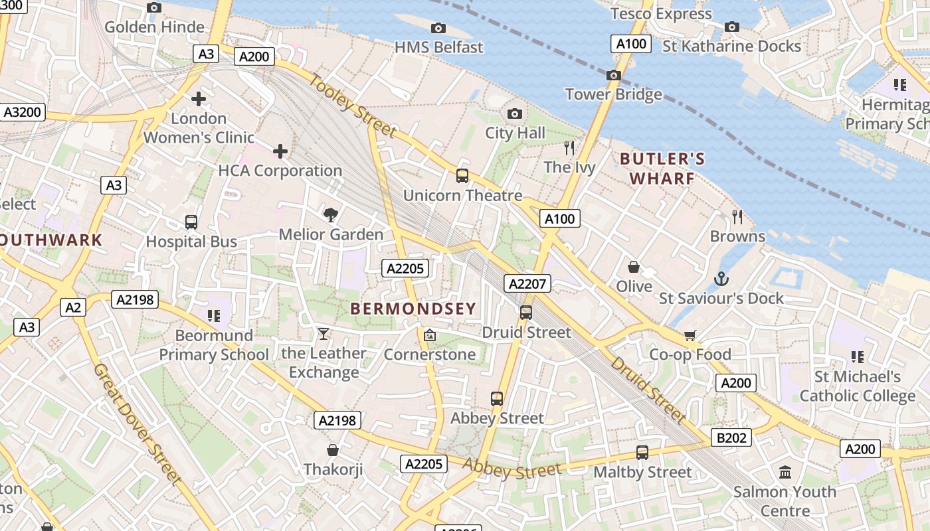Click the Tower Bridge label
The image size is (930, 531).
[613, 94]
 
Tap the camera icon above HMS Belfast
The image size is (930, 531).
[438, 28]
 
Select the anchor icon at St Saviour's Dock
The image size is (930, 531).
[721, 279]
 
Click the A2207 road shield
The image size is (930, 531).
[527, 284]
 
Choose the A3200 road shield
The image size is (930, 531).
[23, 112]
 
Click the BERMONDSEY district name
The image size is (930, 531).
[413, 309]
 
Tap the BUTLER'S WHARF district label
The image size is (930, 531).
[662, 169]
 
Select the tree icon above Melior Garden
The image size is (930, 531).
[330, 214]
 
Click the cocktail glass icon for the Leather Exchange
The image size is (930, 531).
[324, 333]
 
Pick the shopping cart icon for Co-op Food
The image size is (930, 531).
[690, 335]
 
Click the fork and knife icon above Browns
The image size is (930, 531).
[737, 216]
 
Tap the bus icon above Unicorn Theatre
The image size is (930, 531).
[462, 176]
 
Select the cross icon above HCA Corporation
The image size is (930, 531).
[280, 151]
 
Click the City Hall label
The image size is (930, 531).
[515, 133]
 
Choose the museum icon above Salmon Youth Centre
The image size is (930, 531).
[785, 472]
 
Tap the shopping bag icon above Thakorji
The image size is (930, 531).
[333, 450]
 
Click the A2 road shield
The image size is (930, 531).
[73, 307]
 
